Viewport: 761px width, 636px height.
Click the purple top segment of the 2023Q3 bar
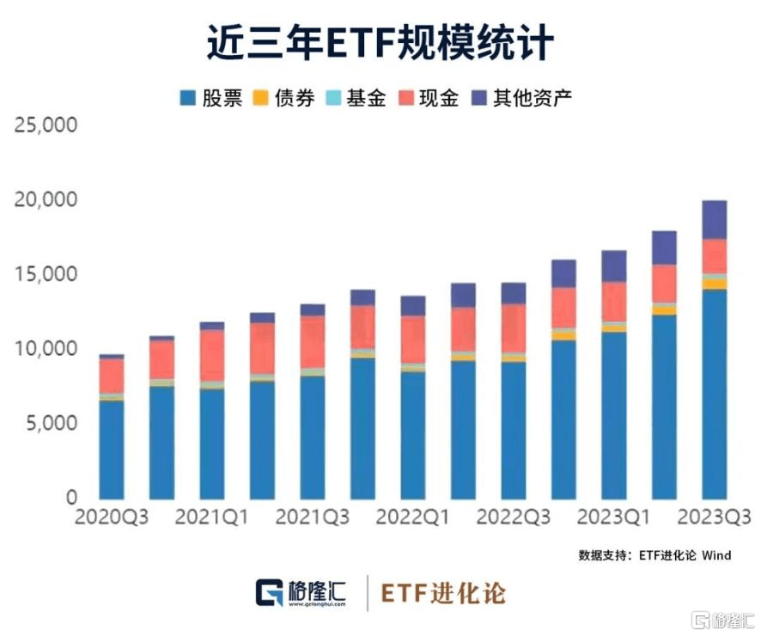[714, 220]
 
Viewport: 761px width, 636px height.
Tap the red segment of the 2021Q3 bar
[313, 342]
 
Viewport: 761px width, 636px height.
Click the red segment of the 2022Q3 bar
[513, 328]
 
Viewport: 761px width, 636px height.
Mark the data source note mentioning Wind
[654, 555]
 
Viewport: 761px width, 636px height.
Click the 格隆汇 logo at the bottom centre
[301, 593]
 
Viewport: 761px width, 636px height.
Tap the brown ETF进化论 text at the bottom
[443, 593]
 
